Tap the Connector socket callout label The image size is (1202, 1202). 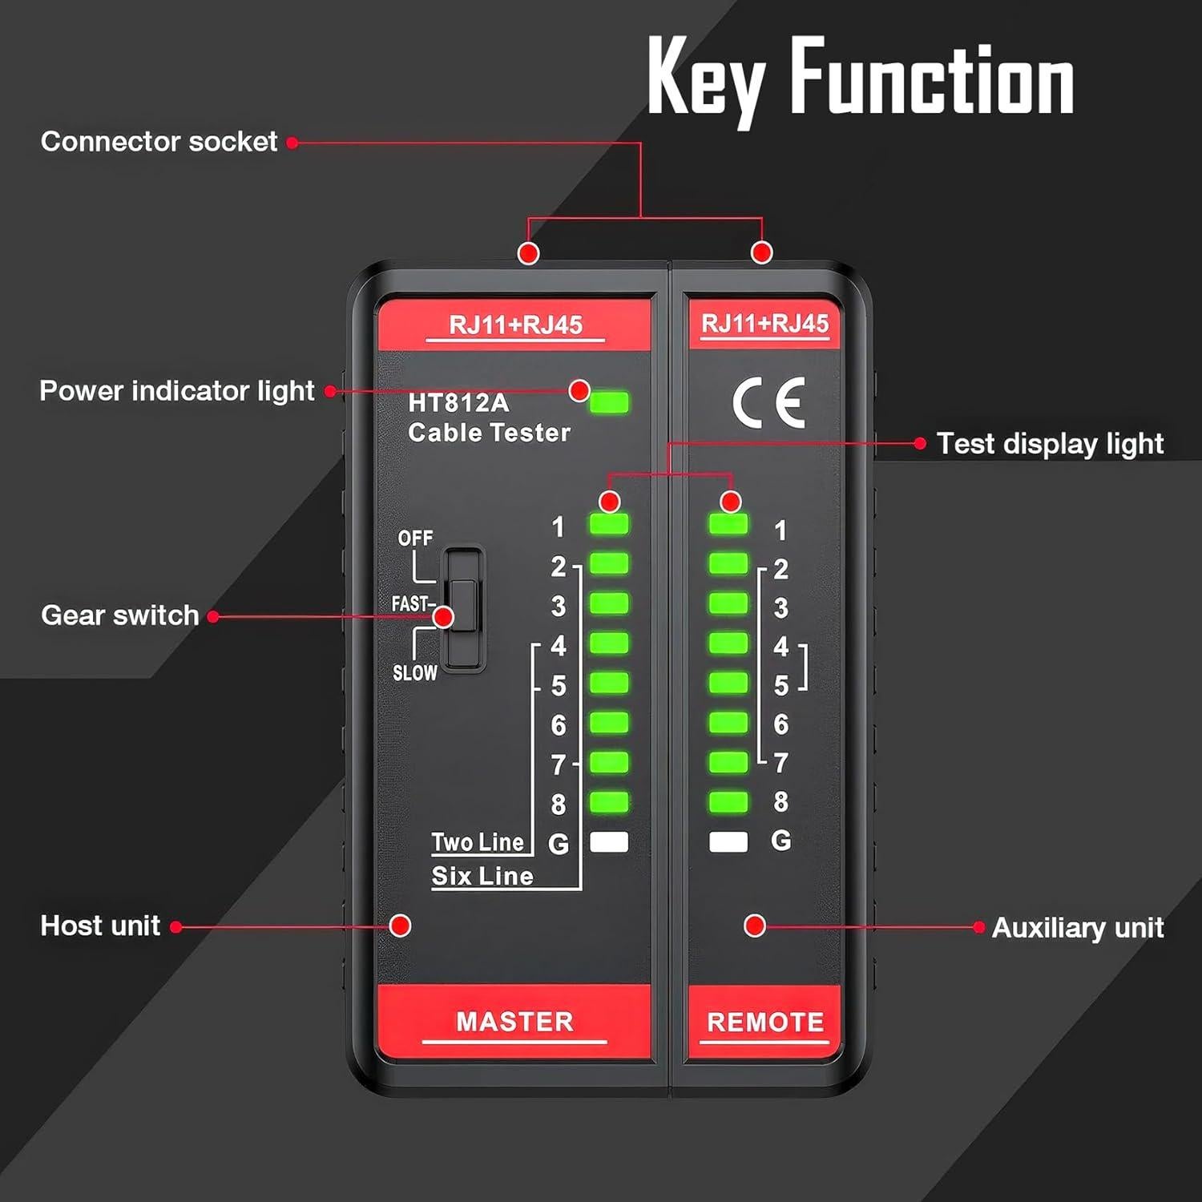click(159, 142)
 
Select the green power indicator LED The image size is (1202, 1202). click(609, 402)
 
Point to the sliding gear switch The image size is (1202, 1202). click(464, 609)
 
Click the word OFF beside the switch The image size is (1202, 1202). click(415, 538)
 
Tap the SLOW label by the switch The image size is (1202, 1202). click(414, 673)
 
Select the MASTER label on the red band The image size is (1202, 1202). click(514, 1022)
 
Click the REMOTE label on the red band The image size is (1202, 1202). click(765, 1023)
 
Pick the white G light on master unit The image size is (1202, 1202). click(609, 841)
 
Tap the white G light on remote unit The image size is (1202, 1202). click(728, 841)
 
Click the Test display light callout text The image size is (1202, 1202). click(1050, 444)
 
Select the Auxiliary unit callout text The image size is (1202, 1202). click(1077, 928)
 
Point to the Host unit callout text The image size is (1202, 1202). click(100, 926)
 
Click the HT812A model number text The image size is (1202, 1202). click(458, 403)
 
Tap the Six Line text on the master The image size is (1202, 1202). click(482, 876)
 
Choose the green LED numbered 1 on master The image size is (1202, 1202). click(609, 524)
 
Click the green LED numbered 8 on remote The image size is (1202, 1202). click(728, 801)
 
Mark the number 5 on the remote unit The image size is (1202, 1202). click(780, 686)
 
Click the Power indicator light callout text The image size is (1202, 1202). click(176, 391)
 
